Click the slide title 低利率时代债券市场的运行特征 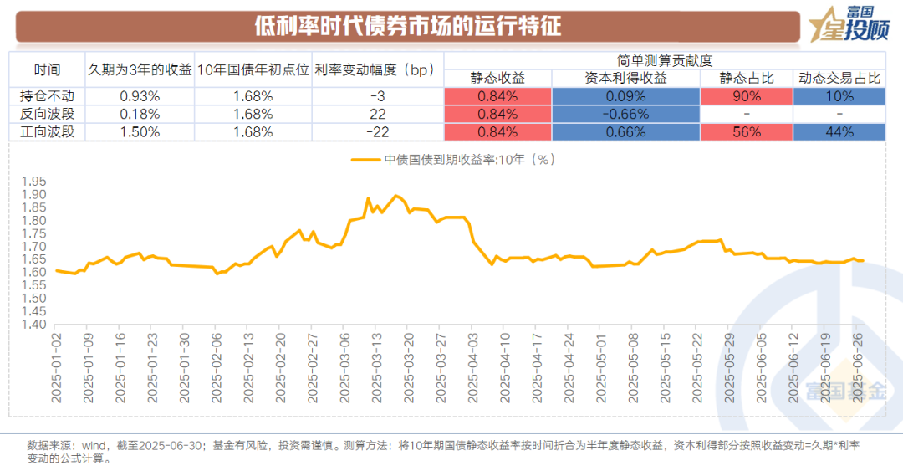point(408,26)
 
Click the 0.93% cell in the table point(140,95)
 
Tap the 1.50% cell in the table point(140,131)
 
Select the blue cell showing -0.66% point(625,114)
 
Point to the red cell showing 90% point(746,95)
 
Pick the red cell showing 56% point(746,131)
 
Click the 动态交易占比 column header point(839,78)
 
